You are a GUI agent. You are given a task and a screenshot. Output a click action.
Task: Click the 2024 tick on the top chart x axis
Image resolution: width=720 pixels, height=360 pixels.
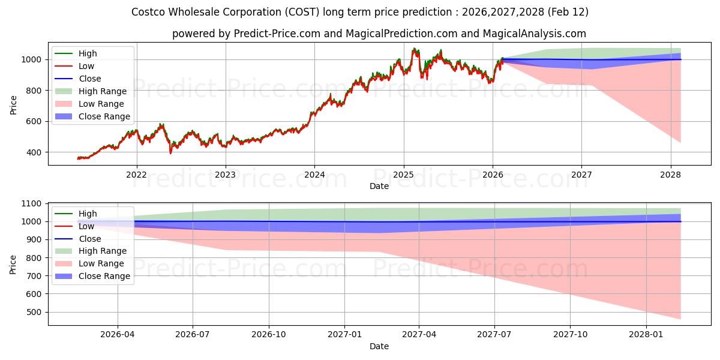coord(314,175)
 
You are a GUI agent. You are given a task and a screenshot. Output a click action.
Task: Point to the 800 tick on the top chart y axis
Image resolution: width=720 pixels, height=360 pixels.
coord(34,91)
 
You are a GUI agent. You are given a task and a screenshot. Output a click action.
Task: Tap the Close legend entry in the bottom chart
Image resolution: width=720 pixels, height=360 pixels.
coord(90,239)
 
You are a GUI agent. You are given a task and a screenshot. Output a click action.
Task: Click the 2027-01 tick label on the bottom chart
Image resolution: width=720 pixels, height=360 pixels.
coord(344,335)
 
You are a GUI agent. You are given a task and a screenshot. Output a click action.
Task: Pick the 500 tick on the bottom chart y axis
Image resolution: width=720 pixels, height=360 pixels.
coord(34,312)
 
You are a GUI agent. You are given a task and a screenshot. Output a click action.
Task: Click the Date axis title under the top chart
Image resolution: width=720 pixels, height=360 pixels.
coord(379,186)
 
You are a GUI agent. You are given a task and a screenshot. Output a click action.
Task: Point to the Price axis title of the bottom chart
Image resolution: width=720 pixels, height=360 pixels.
coord(13,264)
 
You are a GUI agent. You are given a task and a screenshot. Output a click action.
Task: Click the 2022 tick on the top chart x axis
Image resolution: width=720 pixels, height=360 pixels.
coord(136,175)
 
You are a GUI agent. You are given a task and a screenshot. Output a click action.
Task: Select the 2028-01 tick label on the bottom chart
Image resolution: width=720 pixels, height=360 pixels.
coord(646,335)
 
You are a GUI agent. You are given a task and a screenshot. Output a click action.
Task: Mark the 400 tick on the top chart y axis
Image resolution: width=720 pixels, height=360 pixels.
coord(34,152)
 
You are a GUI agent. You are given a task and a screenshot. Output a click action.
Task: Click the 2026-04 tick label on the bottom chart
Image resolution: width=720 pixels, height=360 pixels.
coord(118,335)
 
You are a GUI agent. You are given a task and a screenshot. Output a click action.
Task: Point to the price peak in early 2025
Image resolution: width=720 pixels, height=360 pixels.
coord(413,49)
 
